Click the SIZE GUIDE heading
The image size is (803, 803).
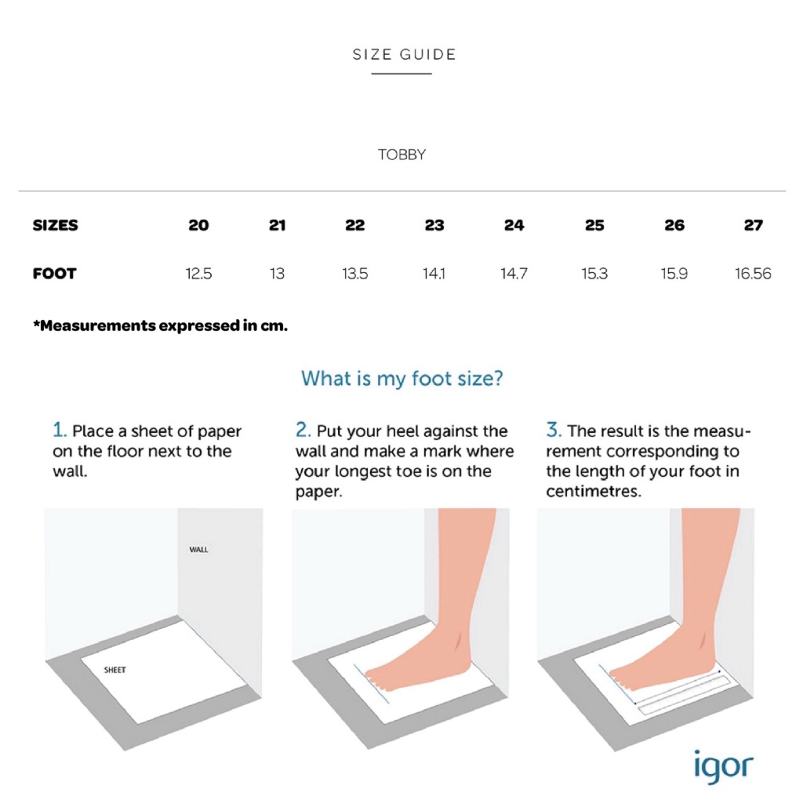click(x=404, y=54)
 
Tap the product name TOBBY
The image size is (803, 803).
click(x=401, y=154)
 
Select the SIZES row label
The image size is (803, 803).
click(x=56, y=225)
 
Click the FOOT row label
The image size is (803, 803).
click(x=54, y=274)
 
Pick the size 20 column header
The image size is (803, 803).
click(x=198, y=225)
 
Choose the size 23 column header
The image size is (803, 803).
click(x=434, y=225)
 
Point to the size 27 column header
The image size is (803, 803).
click(x=754, y=225)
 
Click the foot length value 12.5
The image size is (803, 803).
click(x=198, y=274)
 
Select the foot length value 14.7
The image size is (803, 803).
click(x=514, y=274)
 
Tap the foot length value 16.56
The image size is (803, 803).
click(x=753, y=274)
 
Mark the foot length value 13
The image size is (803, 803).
click(x=277, y=274)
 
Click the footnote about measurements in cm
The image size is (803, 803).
click(x=160, y=325)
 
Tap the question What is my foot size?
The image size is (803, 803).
click(x=402, y=379)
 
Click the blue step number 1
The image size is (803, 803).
click(x=60, y=430)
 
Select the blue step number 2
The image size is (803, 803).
click(x=303, y=430)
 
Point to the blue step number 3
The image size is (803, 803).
click(x=554, y=430)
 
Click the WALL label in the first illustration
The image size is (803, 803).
click(x=198, y=550)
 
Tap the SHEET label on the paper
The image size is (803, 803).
click(x=114, y=670)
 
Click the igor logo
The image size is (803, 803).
click(x=724, y=767)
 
